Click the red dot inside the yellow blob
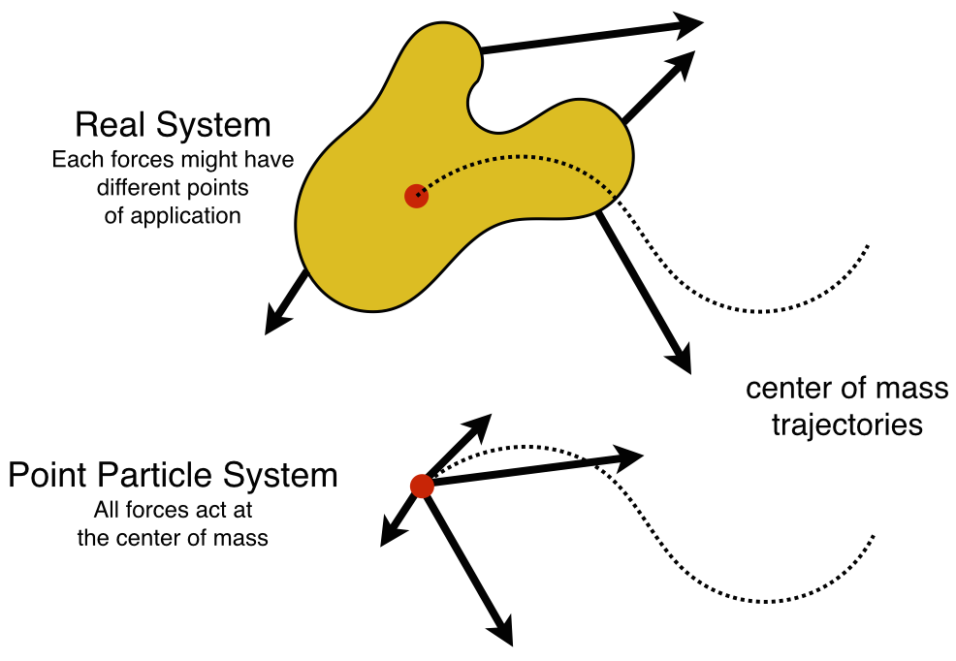click(x=416, y=196)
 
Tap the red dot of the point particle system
click(x=422, y=486)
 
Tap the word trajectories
click(x=846, y=425)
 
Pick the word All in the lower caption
click(x=107, y=509)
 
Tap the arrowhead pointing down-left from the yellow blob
click(x=277, y=321)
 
